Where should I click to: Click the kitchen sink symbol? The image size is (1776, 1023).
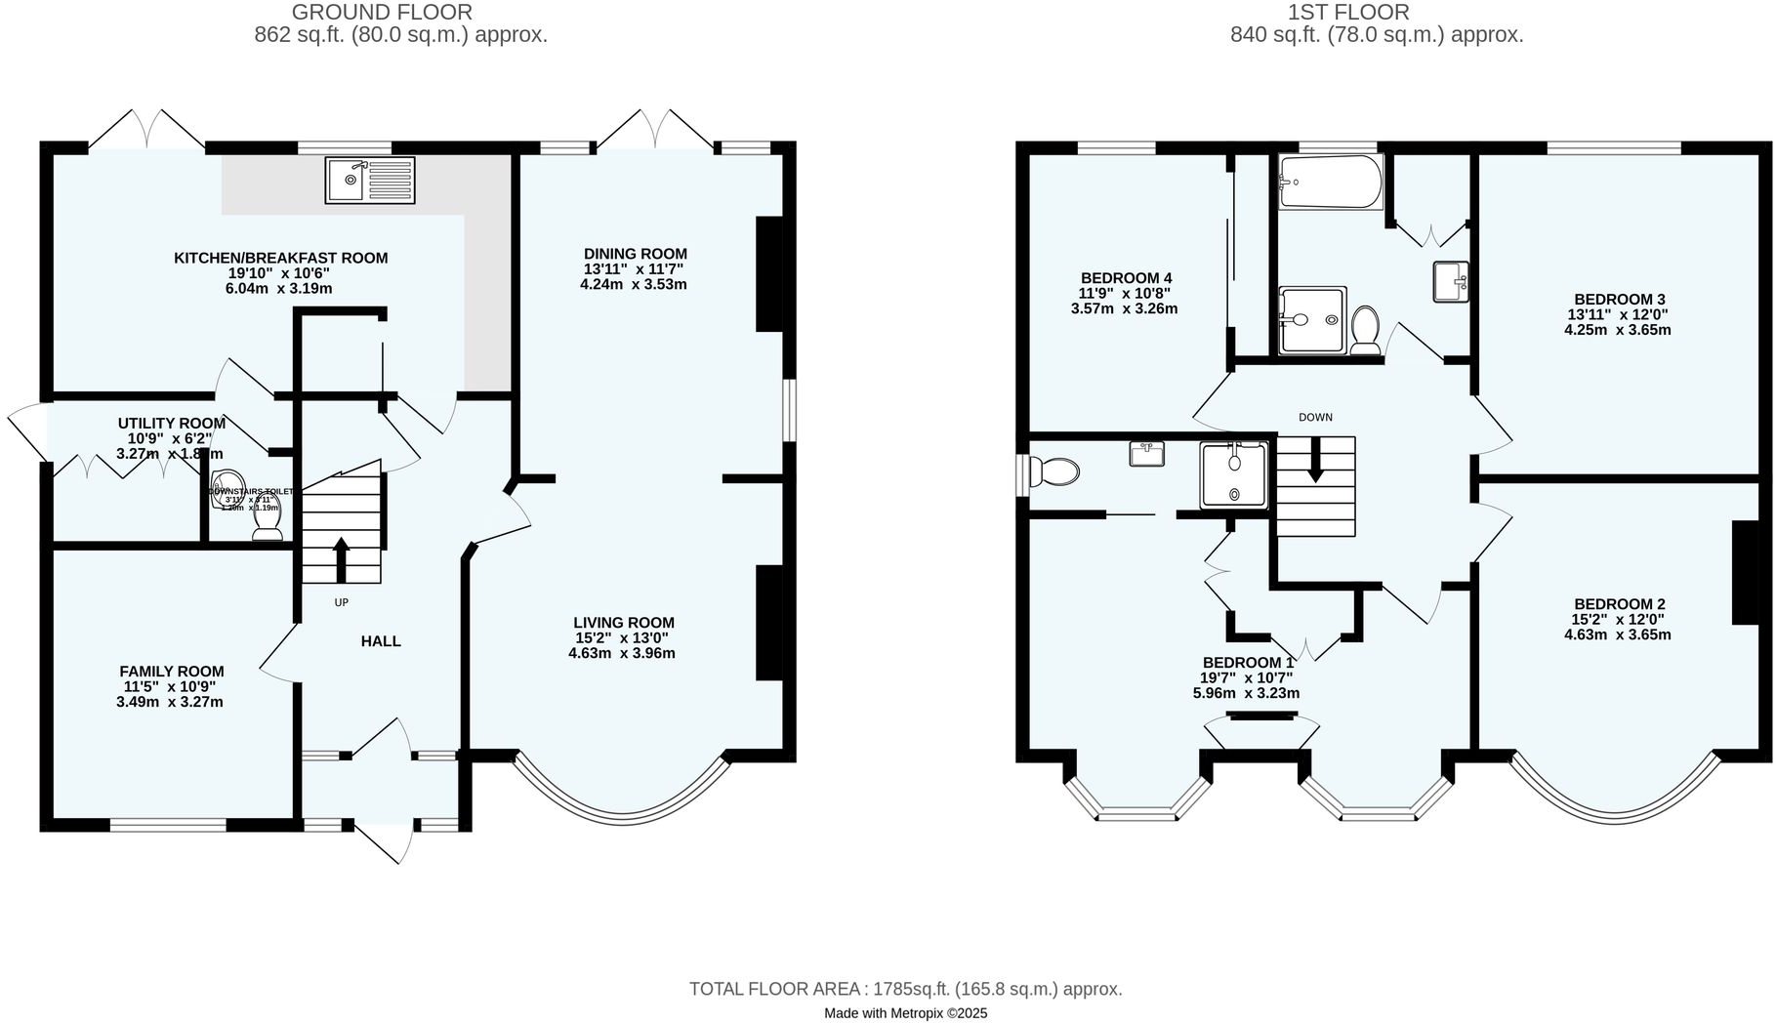pos(369,180)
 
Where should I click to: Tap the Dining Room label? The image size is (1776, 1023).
pos(636,254)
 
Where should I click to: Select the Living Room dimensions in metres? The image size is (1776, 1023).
pos(622,653)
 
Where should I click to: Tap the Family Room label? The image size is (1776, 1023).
pos(172,672)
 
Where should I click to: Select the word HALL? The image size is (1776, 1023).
pos(381,641)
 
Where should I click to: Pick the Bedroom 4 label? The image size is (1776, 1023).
pos(1126,277)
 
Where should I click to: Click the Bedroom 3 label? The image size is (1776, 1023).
pos(1619,300)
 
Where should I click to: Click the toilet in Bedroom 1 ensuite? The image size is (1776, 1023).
pos(1055,473)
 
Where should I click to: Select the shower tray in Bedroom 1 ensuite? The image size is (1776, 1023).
pos(1235,474)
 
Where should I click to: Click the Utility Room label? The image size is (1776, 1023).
pos(172,423)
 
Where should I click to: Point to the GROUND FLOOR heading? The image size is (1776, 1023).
pos(382,13)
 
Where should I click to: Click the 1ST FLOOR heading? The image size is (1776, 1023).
pos(1347,13)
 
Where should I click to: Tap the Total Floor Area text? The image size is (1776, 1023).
pos(905,989)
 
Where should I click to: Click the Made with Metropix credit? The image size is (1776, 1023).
pos(905,1013)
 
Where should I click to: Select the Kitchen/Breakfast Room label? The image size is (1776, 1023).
pos(281,258)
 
